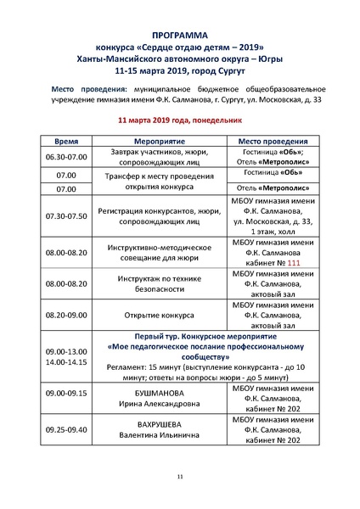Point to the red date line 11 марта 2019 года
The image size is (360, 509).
tap(179, 121)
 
